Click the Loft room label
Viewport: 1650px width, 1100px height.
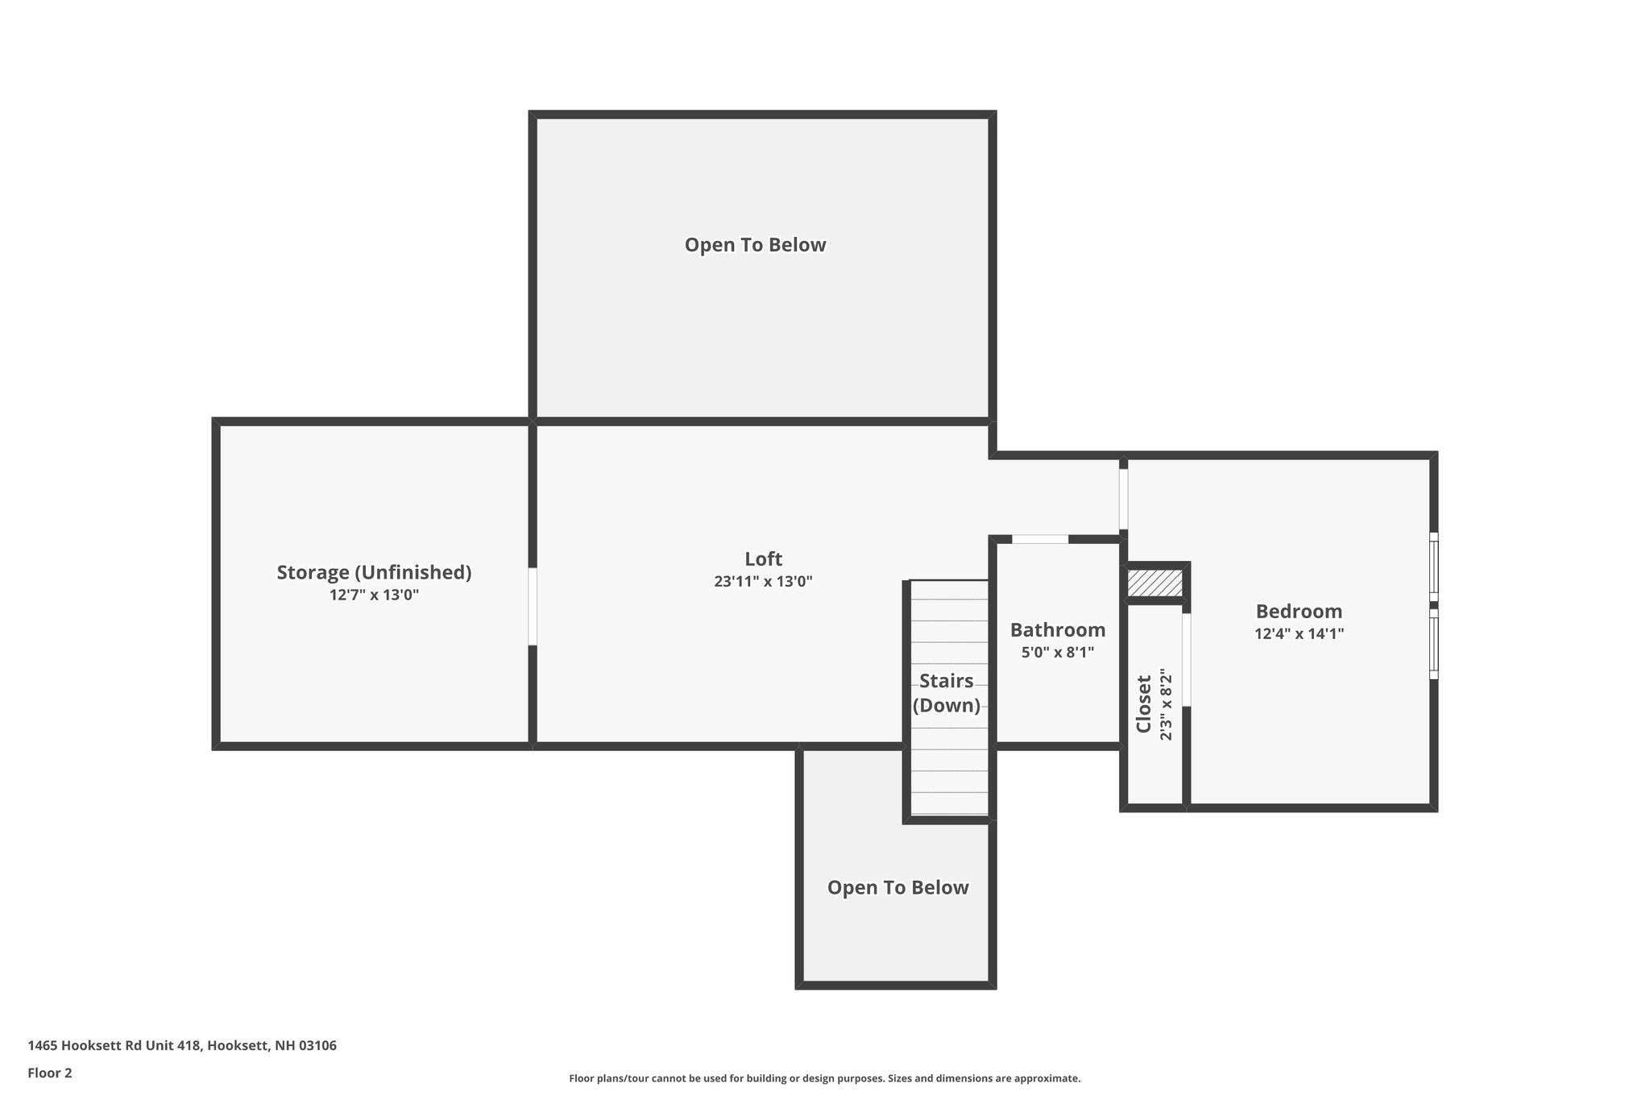[x=763, y=558]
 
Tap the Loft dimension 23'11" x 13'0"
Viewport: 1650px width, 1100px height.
[x=763, y=582]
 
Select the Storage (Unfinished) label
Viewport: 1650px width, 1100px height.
[x=374, y=572]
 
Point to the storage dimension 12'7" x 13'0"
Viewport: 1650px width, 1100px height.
[x=374, y=596]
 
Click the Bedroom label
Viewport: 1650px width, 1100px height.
[x=1299, y=611]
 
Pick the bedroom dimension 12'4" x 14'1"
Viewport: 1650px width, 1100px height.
[x=1299, y=634]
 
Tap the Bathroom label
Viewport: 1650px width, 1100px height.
[x=1058, y=629]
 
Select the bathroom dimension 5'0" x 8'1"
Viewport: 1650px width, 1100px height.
[x=1058, y=653]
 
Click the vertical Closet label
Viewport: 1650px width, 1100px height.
[x=1143, y=704]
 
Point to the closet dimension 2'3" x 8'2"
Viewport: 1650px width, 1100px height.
[x=1165, y=704]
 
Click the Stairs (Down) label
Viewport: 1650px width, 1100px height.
[x=947, y=693]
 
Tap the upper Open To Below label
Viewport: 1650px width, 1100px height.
[x=755, y=245]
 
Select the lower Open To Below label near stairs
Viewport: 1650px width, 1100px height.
[x=898, y=887]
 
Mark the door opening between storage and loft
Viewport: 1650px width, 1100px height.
[x=533, y=606]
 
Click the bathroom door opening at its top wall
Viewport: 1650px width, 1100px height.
[x=1040, y=539]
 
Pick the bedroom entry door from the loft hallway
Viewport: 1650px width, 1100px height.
[x=1123, y=499]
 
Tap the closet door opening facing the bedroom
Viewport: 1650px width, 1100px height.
[x=1186, y=660]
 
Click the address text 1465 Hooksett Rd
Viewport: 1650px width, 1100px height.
[x=182, y=1045]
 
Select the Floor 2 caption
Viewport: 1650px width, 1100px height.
[x=50, y=1073]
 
